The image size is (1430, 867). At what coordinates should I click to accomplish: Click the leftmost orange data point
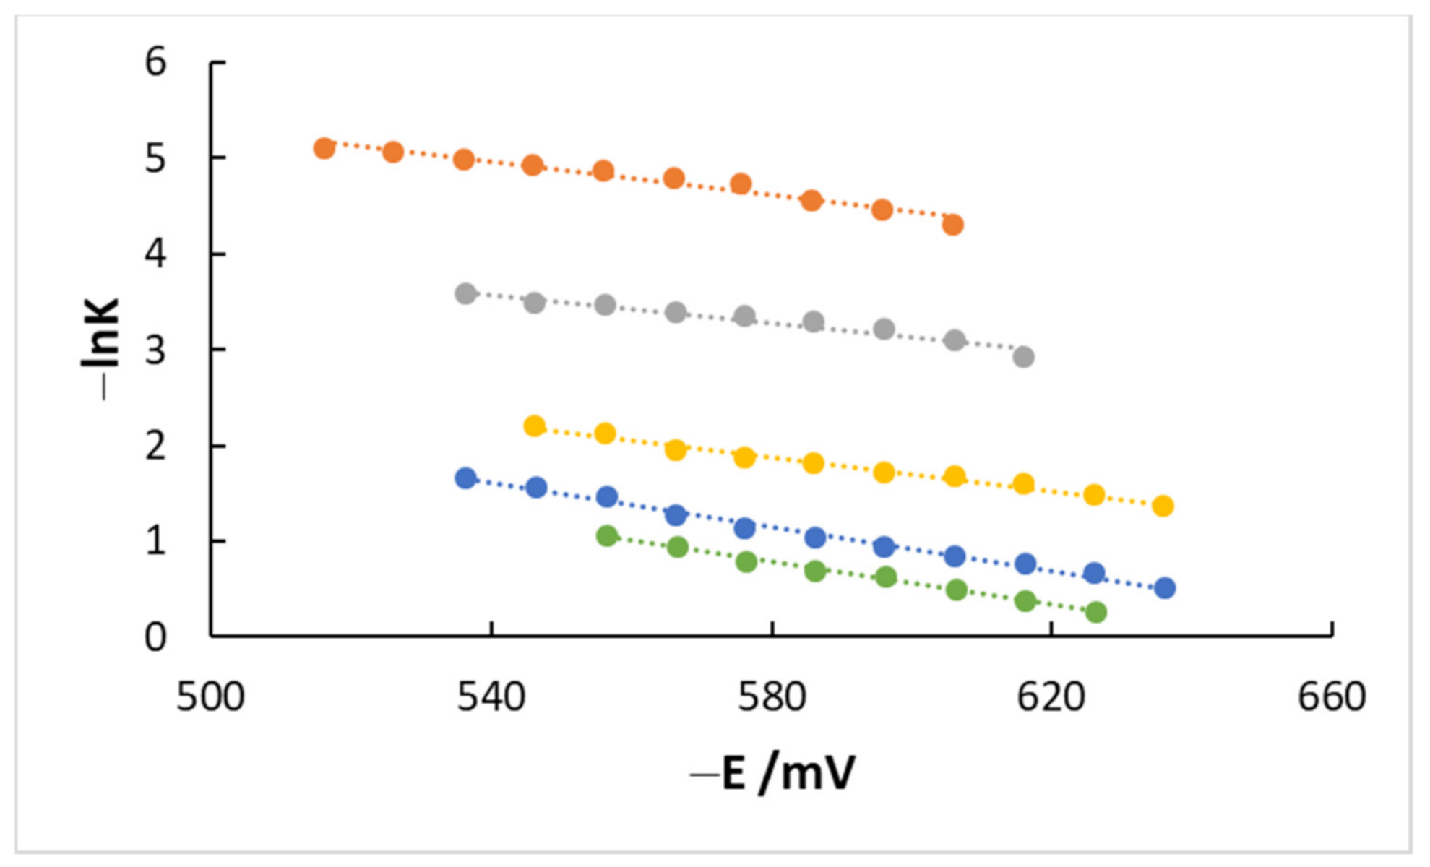(324, 148)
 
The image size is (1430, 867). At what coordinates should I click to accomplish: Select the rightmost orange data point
(953, 225)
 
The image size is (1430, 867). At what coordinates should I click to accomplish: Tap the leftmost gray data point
(466, 293)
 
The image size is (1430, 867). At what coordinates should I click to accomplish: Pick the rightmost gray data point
(1023, 357)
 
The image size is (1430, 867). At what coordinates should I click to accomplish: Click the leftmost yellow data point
(534, 426)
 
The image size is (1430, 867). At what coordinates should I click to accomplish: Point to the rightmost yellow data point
(1163, 506)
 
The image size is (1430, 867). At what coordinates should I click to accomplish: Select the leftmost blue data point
(466, 478)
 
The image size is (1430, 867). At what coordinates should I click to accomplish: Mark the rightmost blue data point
(1165, 588)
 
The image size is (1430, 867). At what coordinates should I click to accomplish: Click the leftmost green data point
(607, 535)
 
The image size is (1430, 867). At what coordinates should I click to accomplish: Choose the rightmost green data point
(1096, 612)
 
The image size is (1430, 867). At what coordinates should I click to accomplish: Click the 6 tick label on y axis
(155, 62)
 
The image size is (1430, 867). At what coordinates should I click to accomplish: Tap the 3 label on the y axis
(155, 350)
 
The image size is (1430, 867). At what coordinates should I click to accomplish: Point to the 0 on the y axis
(155, 637)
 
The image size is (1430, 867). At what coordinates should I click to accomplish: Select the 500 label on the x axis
(210, 698)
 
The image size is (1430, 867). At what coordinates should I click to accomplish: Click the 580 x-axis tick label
(771, 698)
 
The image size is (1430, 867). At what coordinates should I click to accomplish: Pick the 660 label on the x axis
(1331, 698)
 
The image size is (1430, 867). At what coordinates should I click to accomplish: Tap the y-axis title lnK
(101, 347)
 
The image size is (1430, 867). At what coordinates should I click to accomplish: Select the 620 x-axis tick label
(1051, 698)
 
